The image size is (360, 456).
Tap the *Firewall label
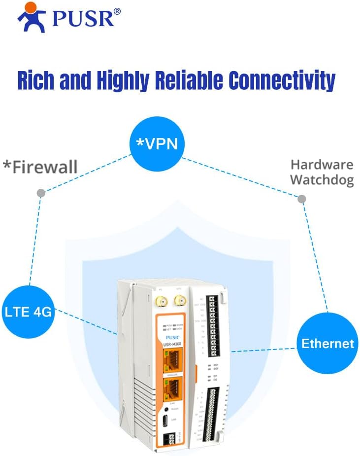[x=40, y=167]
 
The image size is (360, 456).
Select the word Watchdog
[x=322, y=180]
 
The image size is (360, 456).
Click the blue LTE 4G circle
[x=28, y=312]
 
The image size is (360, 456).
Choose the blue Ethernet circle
[x=327, y=343]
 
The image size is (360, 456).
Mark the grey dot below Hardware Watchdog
[x=301, y=199]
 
